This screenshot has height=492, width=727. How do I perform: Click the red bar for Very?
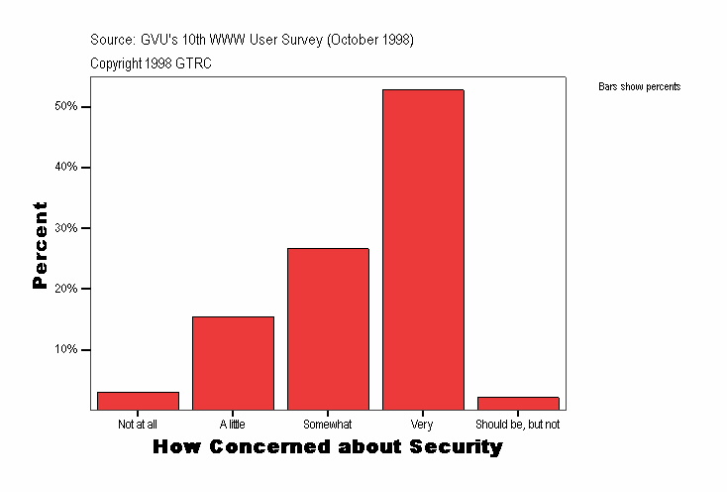[x=423, y=249]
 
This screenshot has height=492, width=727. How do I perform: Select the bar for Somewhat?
[x=328, y=328]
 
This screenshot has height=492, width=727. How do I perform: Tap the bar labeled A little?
[x=233, y=363]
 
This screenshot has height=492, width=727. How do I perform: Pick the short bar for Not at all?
[x=138, y=401]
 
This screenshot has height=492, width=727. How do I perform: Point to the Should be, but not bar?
[x=518, y=403]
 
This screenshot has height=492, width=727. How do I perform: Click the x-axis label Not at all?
[x=138, y=425]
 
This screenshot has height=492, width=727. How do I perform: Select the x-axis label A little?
[x=233, y=425]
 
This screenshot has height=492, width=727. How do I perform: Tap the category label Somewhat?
[x=328, y=425]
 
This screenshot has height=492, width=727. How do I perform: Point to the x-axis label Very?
[x=422, y=425]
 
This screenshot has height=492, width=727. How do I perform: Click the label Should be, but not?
[x=518, y=425]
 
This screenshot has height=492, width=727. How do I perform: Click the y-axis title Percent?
[x=41, y=245]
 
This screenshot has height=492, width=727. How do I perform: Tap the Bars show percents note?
[x=639, y=87]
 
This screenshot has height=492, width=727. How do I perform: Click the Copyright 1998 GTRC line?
[x=151, y=63]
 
